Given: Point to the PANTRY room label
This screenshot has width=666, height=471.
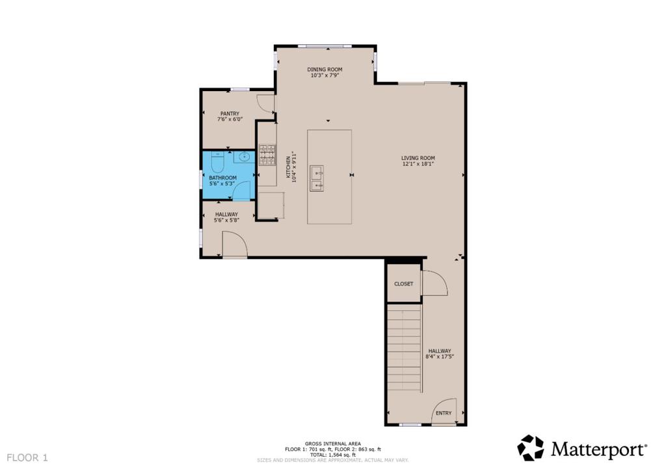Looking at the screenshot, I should (230, 113).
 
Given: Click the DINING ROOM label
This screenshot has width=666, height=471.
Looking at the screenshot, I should (325, 69).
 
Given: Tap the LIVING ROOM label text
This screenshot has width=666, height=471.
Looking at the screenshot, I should (418, 158).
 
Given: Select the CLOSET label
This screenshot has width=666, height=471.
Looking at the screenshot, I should (404, 284).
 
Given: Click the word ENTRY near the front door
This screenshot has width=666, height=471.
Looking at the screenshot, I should (444, 413).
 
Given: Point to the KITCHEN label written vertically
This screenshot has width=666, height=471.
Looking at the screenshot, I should (288, 165).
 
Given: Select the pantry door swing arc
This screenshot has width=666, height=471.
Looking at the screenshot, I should (266, 104).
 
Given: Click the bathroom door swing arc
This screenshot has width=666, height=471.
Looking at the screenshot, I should (243, 191).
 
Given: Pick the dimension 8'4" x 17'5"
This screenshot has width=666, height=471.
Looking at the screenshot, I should (440, 357).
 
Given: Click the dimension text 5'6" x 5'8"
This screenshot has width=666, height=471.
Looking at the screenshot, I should (227, 221).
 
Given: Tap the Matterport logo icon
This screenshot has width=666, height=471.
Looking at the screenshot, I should (530, 448).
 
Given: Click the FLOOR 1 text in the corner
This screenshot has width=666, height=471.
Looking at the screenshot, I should (27, 458).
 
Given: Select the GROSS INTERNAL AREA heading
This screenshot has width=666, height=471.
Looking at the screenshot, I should (332, 444).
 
